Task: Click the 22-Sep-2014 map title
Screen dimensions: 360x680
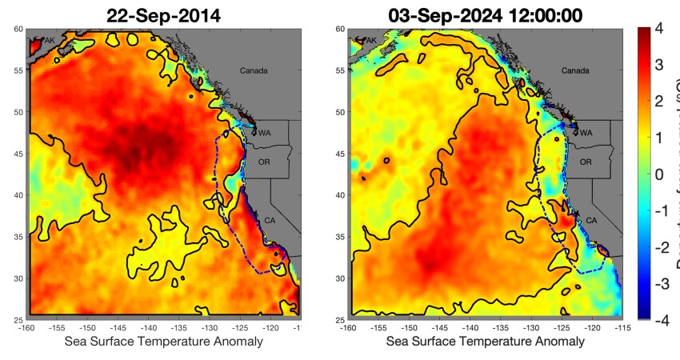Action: (x=166, y=14)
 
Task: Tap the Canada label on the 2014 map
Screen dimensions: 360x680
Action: (x=254, y=71)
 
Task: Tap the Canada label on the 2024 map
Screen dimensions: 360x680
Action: (x=574, y=71)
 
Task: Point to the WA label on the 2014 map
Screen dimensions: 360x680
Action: (x=263, y=133)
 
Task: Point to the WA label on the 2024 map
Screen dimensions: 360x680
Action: (x=586, y=133)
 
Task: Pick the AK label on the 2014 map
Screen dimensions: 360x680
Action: (x=50, y=40)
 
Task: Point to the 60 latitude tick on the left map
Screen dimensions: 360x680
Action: (x=18, y=29)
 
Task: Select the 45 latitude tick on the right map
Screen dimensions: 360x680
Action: (x=339, y=154)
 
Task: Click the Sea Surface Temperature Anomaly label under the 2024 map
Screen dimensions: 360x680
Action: (x=486, y=342)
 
